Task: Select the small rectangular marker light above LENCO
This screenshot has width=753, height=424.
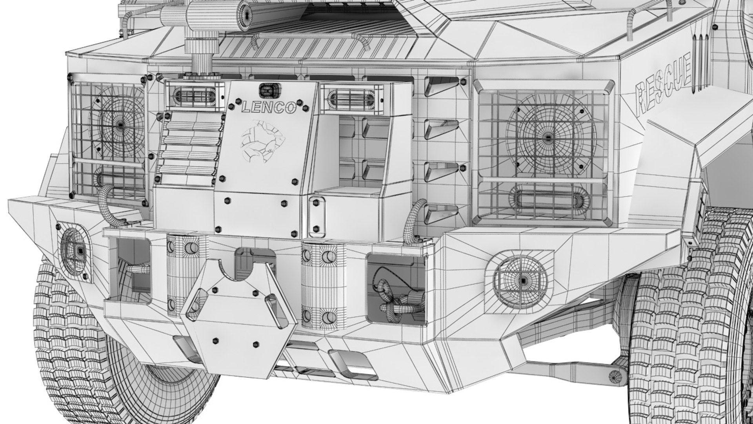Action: click(268, 91)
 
